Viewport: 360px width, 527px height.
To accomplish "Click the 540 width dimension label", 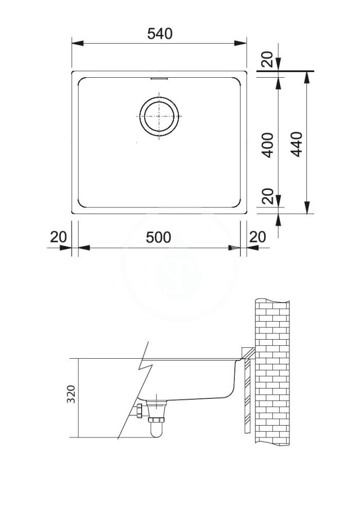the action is (160, 33).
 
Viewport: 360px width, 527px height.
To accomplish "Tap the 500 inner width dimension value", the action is (158, 237).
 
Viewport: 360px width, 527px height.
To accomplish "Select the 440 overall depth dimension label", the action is (297, 144).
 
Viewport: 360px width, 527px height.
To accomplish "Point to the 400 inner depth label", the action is (268, 145).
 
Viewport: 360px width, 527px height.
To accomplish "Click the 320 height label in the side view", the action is (71, 394).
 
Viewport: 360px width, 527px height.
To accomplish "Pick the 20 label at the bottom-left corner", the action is (59, 237).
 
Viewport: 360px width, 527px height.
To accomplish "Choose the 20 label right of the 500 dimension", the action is (258, 237).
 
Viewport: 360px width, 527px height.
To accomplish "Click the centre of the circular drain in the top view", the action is (159, 116).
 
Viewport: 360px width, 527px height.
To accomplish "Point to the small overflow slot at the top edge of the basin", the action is (159, 79).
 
